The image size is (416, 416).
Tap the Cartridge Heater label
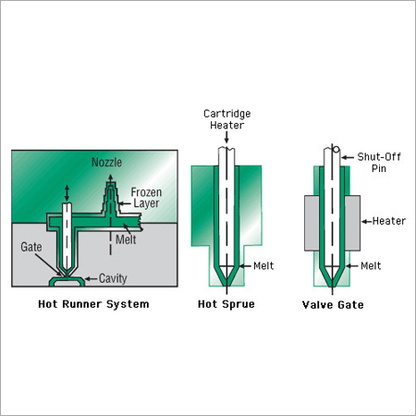(x=227, y=119)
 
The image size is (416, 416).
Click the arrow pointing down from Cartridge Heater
(x=227, y=139)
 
